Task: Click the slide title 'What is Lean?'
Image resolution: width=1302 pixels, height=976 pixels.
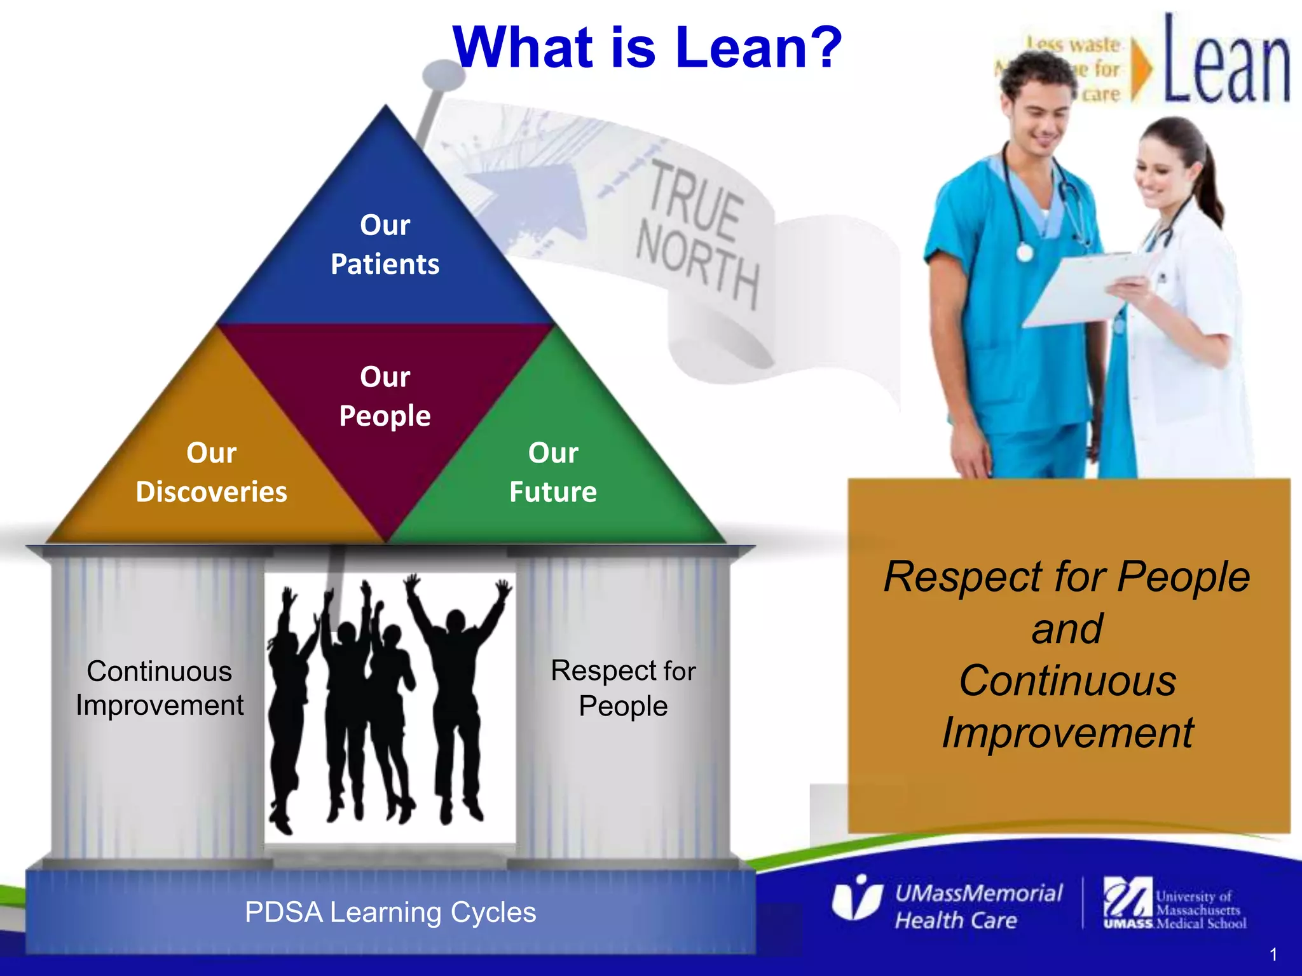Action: click(x=647, y=48)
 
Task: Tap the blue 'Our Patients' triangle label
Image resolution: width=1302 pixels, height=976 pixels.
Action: click(x=385, y=245)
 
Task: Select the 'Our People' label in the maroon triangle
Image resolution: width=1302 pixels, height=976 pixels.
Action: click(x=385, y=396)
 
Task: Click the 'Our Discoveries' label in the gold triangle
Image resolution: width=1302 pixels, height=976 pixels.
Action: click(x=211, y=472)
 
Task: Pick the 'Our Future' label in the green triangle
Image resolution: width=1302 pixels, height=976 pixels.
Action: click(x=553, y=472)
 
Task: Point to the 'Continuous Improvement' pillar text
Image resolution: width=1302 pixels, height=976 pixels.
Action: click(x=159, y=688)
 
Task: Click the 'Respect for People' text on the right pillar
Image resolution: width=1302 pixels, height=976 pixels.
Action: click(x=623, y=688)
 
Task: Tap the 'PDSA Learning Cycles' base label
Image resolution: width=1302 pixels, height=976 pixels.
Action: click(x=390, y=912)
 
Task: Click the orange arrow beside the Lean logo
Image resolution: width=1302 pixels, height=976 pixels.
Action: click(x=1142, y=70)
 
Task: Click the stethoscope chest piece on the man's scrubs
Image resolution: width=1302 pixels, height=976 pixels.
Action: click(x=1024, y=253)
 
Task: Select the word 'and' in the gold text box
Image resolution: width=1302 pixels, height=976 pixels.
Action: click(x=1067, y=629)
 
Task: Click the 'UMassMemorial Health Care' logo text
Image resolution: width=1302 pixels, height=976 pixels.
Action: click(x=978, y=907)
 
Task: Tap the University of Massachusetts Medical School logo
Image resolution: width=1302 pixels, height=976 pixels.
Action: click(x=1175, y=904)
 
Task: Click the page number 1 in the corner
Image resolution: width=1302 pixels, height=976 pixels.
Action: click(x=1273, y=954)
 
